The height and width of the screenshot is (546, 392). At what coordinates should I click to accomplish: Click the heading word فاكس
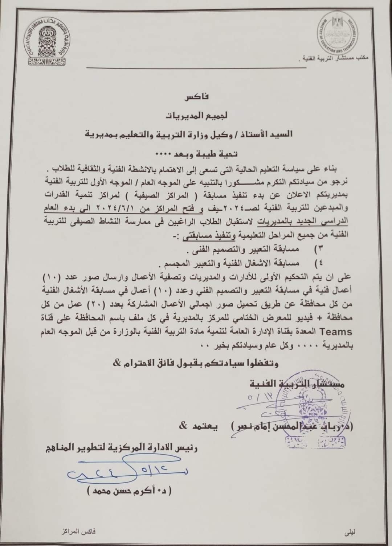(196, 98)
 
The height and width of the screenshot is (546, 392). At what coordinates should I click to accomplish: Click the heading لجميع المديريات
(196, 116)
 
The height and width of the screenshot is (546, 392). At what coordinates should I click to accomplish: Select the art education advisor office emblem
(48, 43)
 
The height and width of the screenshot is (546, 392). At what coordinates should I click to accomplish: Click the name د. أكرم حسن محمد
(129, 492)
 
